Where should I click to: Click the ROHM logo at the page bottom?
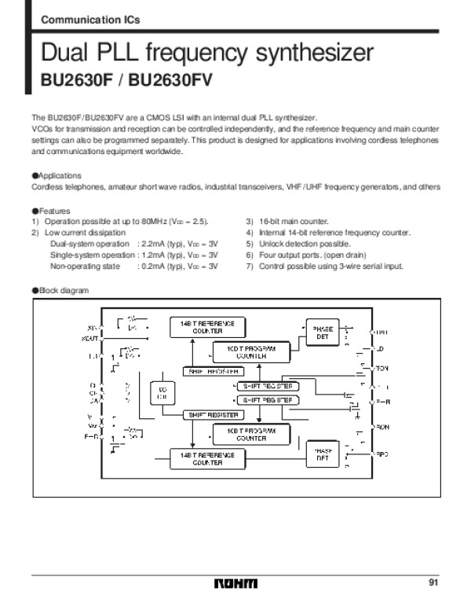(x=235, y=583)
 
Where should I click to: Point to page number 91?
(x=433, y=582)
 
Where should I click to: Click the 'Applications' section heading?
(x=59, y=175)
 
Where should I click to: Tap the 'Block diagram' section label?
(x=63, y=290)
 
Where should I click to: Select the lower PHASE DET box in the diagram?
(x=322, y=454)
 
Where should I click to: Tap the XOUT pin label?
(x=90, y=339)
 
